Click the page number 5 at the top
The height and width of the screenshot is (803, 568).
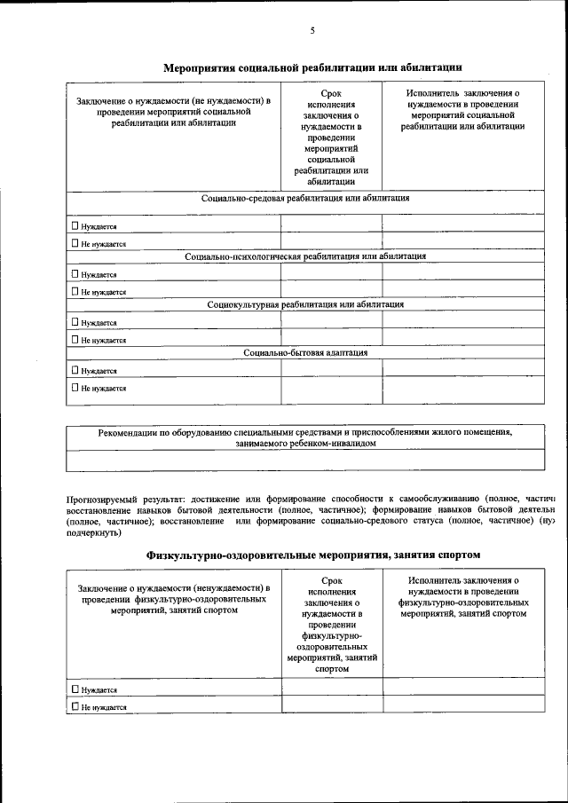pos(312,31)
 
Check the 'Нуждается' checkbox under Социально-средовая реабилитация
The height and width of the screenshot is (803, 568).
pos(75,225)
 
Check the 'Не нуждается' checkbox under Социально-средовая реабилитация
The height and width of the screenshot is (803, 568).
pos(75,242)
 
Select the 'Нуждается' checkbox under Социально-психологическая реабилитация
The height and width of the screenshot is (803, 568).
pos(75,274)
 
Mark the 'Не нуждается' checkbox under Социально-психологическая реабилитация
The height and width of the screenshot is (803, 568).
pos(75,291)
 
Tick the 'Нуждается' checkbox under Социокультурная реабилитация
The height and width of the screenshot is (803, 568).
pos(75,322)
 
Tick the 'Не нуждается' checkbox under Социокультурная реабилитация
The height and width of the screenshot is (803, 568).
pos(75,339)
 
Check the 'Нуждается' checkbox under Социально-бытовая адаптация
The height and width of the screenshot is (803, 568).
pos(75,370)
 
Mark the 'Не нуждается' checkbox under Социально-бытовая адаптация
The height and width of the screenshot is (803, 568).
pos(75,387)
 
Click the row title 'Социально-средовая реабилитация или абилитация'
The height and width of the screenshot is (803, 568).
pos(305,199)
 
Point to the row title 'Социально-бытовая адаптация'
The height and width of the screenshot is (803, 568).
pos(305,352)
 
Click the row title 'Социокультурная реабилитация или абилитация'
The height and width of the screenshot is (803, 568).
pos(305,304)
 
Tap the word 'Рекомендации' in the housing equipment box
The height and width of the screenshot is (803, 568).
pos(128,433)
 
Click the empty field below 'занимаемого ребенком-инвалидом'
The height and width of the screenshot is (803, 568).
pos(305,460)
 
